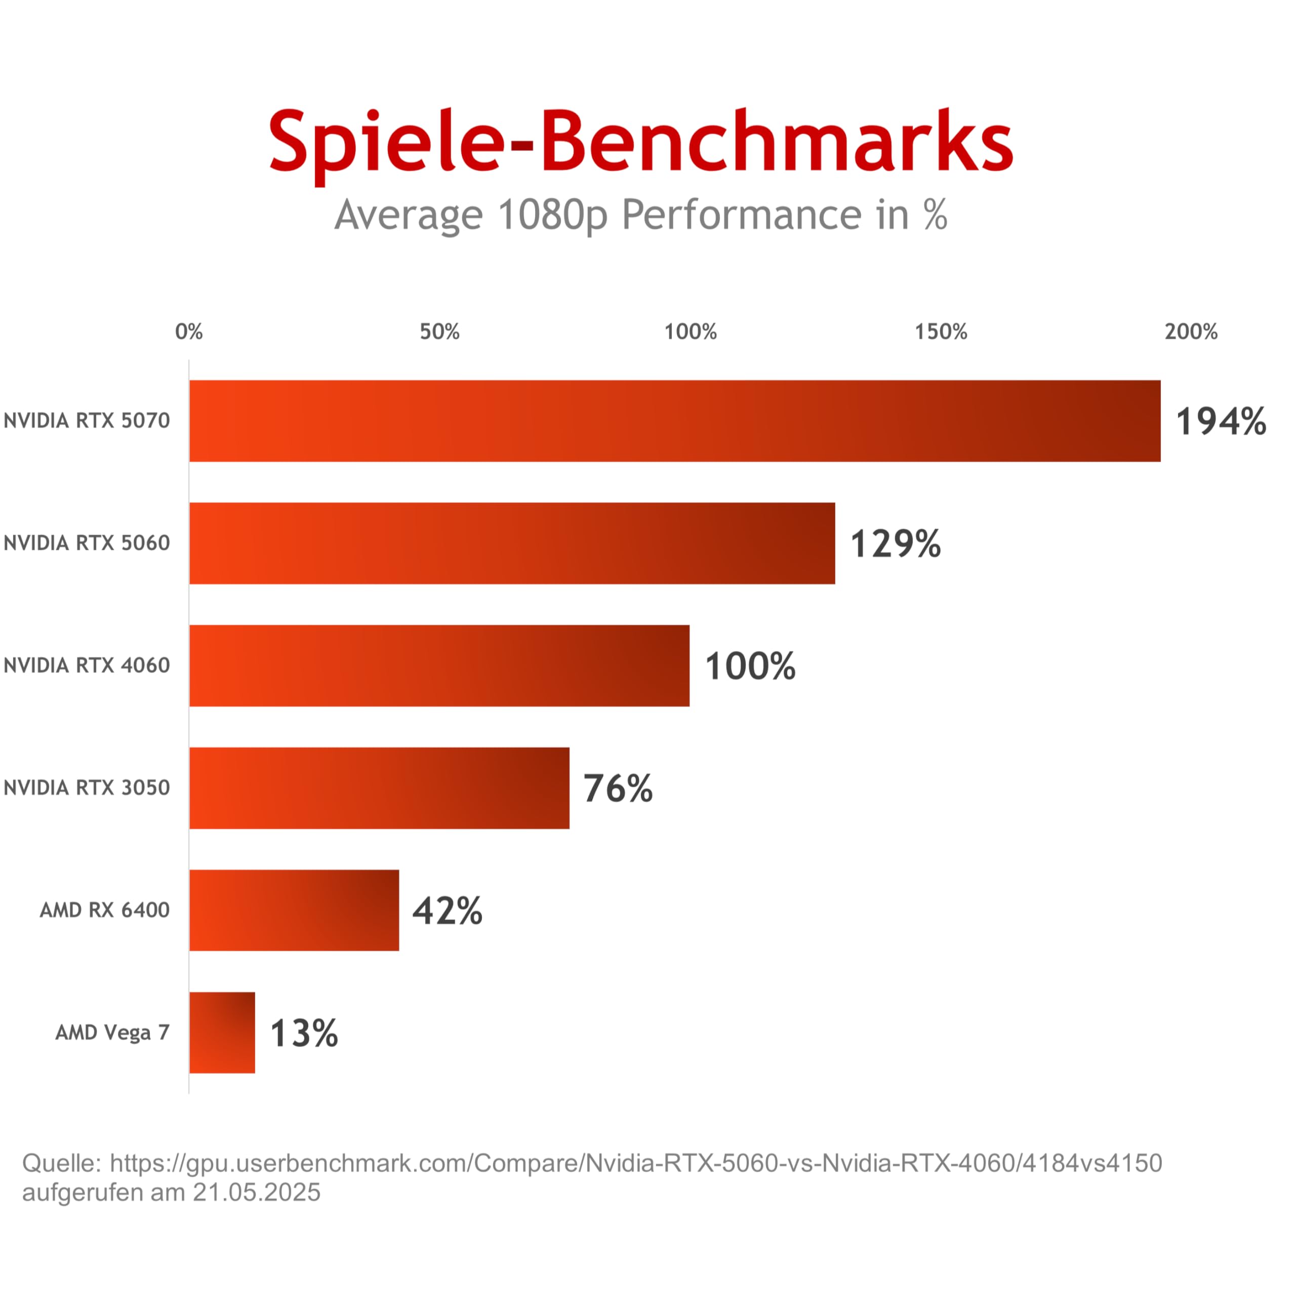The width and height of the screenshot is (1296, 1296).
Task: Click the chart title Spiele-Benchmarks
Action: click(x=640, y=144)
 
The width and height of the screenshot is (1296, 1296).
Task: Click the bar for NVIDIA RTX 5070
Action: click(x=675, y=421)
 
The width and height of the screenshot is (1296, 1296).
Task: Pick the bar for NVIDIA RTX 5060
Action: click(x=512, y=543)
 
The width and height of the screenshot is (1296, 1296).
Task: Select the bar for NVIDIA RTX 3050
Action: click(x=380, y=788)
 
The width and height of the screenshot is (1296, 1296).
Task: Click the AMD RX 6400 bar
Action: click(x=295, y=910)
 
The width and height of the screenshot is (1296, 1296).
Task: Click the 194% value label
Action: click(x=1221, y=422)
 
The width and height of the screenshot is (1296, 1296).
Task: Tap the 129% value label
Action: click(x=896, y=544)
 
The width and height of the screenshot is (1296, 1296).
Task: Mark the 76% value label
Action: click(x=618, y=789)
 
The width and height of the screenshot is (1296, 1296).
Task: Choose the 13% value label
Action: click(x=304, y=1034)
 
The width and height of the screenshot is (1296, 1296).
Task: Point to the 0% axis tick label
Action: click(x=189, y=332)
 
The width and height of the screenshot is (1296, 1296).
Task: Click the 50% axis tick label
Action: click(x=440, y=332)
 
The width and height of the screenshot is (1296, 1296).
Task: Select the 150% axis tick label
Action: click(x=941, y=332)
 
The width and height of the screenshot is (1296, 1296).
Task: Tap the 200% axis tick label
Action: click(x=1191, y=332)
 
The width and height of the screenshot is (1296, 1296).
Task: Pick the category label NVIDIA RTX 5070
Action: click(x=87, y=421)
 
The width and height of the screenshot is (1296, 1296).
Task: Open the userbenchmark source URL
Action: click(x=636, y=1164)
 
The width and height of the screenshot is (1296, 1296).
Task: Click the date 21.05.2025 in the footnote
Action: click(x=257, y=1193)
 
